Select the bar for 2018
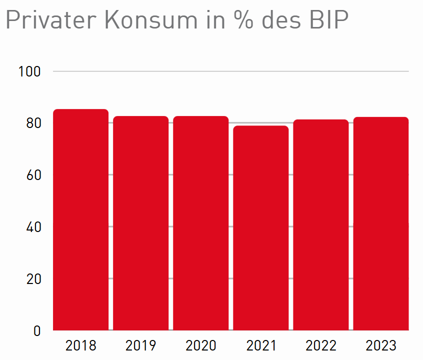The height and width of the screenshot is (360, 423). [80, 220]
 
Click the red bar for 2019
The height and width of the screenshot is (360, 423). [140, 223]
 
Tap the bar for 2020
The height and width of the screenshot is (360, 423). [200, 223]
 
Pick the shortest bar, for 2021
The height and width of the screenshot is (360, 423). [260, 228]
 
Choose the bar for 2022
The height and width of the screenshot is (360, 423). [320, 225]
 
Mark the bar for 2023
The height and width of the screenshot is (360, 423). [381, 223]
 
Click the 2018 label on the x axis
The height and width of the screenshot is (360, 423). [80, 345]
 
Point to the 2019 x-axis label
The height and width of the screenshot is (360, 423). [140, 345]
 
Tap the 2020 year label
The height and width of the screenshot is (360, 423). [200, 345]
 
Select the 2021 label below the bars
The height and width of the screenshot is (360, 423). [260, 345]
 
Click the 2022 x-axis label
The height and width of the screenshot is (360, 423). [320, 345]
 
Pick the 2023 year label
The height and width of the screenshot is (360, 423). [381, 345]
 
